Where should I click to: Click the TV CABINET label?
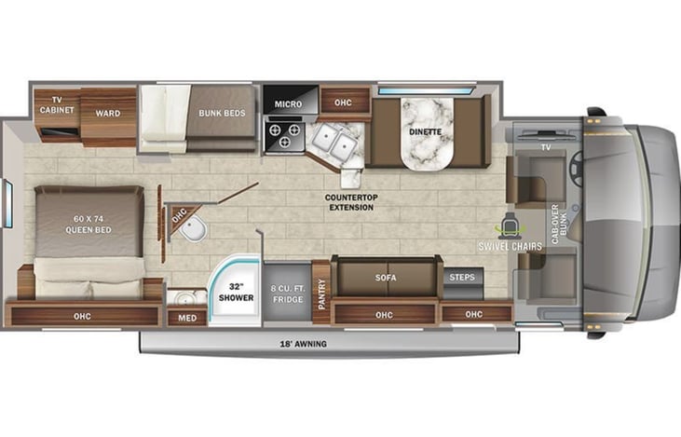[x=56, y=103]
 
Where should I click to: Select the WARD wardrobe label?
[x=107, y=113]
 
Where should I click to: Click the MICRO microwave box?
[x=283, y=103]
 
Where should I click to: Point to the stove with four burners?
[x=283, y=136]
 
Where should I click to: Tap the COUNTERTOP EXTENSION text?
[x=350, y=202]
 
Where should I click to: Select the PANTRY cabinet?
[x=320, y=292]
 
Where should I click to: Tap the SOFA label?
[x=385, y=278]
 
